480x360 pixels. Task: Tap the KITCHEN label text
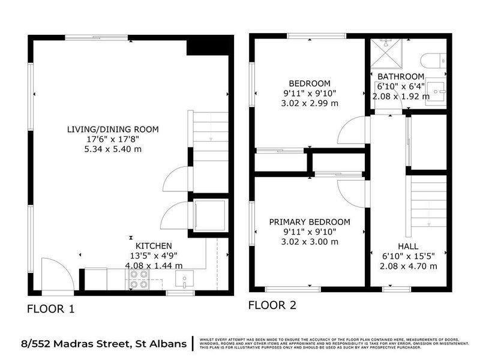[x=154, y=246]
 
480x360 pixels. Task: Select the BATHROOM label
[x=400, y=76]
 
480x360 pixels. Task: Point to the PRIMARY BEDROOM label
[x=309, y=222]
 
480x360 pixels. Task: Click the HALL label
[x=408, y=247]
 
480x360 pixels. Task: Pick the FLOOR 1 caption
[x=51, y=310]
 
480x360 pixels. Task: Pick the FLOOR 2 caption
[x=272, y=305]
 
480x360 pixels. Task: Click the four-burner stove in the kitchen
[x=139, y=279]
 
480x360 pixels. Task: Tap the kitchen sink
[x=184, y=278]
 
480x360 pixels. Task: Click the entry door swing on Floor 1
[x=57, y=273]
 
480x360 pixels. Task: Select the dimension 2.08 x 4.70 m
[x=408, y=266]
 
